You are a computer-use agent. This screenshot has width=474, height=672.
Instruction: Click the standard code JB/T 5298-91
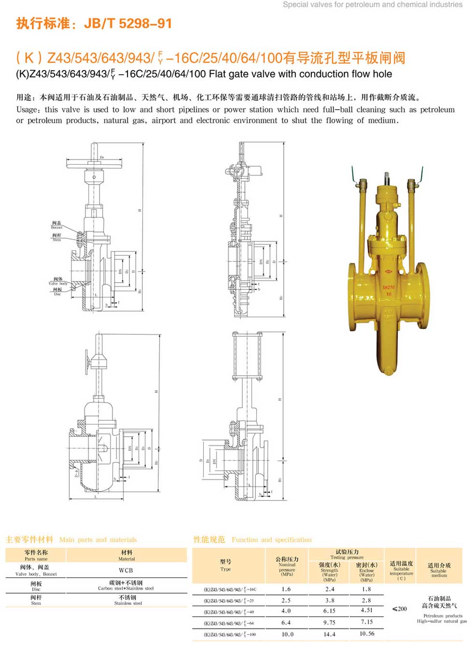128,24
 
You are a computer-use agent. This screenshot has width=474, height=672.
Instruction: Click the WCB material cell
126,570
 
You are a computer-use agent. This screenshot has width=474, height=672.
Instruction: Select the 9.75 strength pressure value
329,623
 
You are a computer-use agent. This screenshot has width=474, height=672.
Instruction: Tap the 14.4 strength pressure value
329,634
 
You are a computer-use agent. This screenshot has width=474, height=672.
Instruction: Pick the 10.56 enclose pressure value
367,634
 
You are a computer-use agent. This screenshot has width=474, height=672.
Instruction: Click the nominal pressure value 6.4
286,623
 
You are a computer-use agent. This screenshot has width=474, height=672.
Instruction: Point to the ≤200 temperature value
400,609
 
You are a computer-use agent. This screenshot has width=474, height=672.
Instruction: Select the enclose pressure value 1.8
366,589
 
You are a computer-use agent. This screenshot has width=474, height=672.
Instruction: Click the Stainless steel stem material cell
127,600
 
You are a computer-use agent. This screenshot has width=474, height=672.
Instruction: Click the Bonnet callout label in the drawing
56,225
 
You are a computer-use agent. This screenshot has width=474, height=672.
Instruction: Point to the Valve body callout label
58,281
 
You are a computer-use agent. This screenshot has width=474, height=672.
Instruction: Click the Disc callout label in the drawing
57,291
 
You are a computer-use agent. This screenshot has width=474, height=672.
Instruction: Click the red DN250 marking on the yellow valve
389,287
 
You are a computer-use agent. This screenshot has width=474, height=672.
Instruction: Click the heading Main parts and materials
98,540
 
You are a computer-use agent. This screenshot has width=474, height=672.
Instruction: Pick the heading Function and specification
271,540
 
